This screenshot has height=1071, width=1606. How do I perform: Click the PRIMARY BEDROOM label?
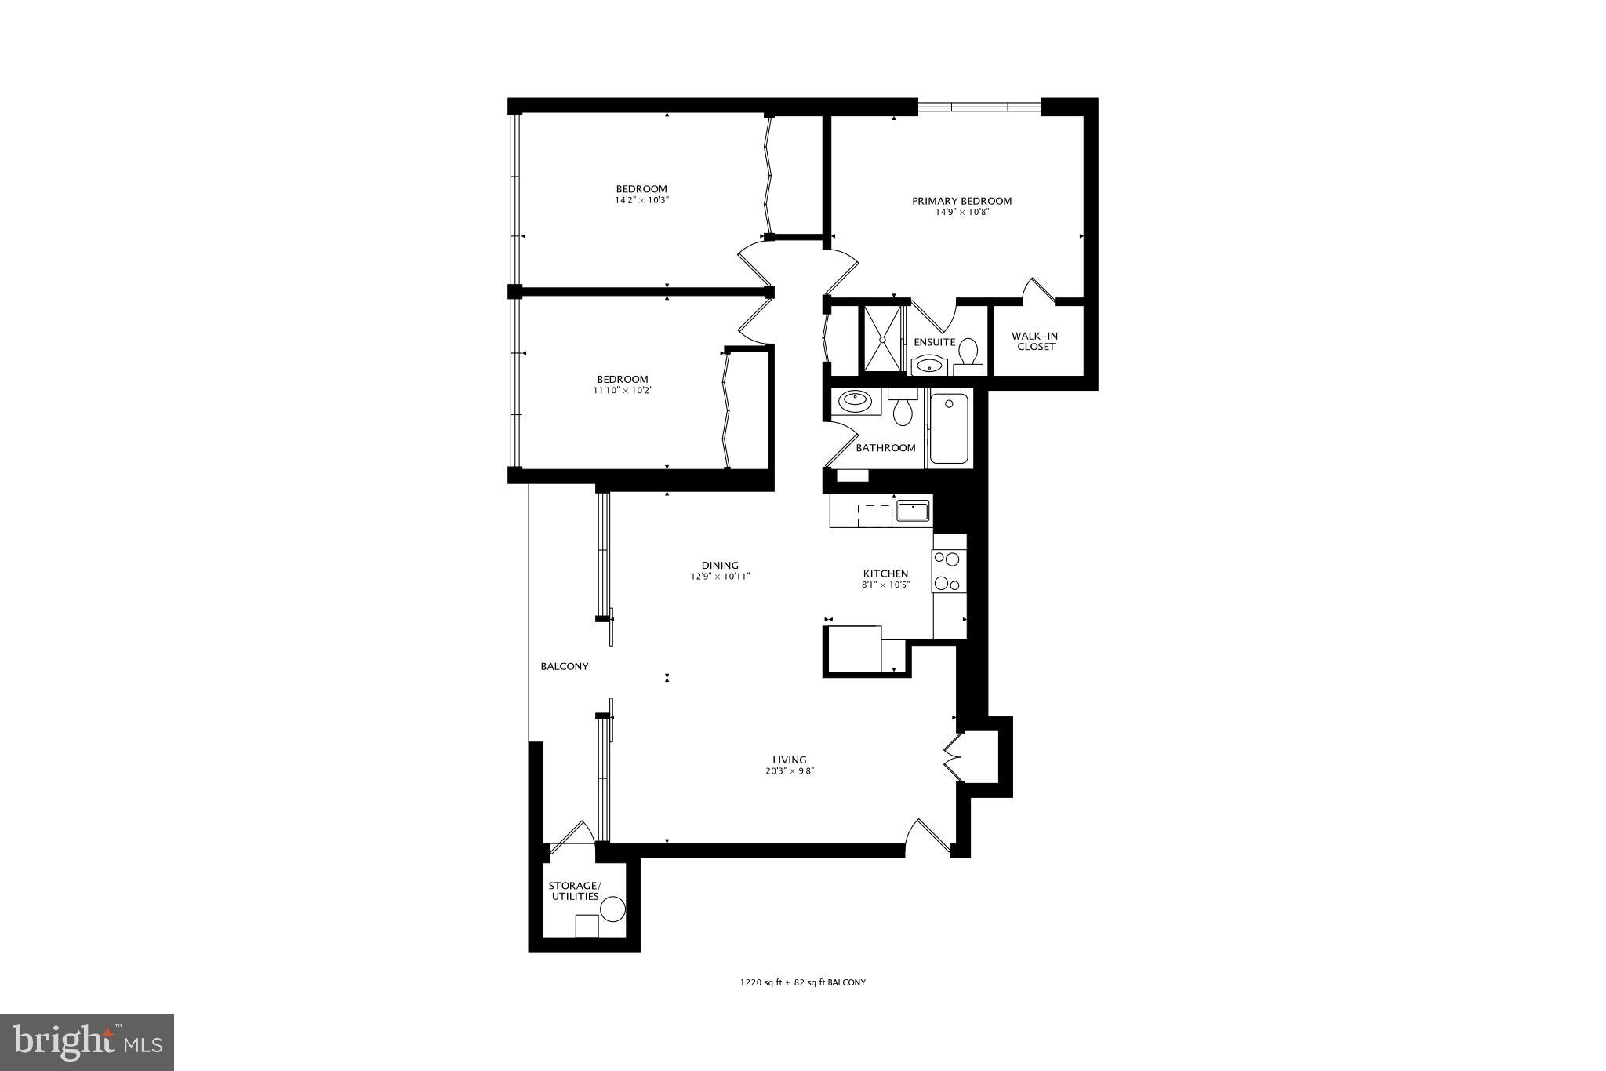(x=961, y=201)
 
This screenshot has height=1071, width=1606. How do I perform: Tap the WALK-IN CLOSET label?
(x=1036, y=341)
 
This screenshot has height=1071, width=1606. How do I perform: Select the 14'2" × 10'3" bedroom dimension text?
(x=641, y=200)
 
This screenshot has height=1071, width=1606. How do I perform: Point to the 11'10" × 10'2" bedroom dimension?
(x=623, y=390)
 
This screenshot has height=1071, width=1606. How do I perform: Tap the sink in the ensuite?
(x=931, y=365)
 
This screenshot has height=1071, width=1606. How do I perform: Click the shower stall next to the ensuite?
(x=884, y=339)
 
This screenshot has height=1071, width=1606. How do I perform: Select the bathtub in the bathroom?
(x=949, y=429)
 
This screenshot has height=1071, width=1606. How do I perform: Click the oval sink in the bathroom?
(x=853, y=401)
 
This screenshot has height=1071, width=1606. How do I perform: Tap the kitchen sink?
(x=913, y=511)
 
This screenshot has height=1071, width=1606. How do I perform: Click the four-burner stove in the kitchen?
(x=949, y=571)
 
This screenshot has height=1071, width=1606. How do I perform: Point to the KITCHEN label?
(x=885, y=574)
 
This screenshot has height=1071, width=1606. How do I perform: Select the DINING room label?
(x=719, y=565)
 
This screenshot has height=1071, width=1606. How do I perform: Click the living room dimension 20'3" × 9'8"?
(x=789, y=770)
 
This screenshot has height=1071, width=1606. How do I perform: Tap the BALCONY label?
(x=564, y=666)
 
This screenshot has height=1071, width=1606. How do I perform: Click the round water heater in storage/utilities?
(x=612, y=909)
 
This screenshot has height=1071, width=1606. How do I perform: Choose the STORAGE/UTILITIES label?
(x=574, y=891)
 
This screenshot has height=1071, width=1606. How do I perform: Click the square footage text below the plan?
(x=802, y=982)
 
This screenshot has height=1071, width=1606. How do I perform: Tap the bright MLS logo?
(x=87, y=1042)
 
